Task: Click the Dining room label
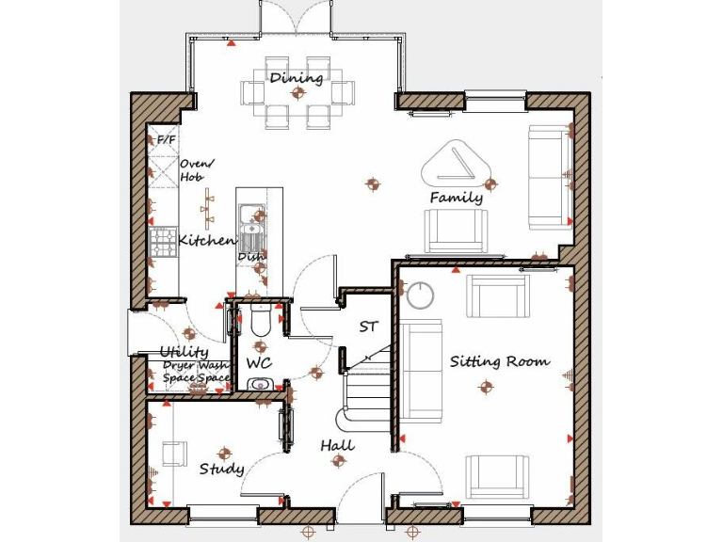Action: pos(297,77)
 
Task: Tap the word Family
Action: pos(457,198)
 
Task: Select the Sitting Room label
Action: pos(499,361)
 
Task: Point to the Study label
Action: pos(222,469)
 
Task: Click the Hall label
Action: pos(337,445)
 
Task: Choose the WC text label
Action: pos(259,362)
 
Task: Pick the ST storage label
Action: pos(368,327)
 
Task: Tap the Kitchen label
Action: pos(206,241)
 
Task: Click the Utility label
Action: pos(184,352)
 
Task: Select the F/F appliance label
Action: pos(166,140)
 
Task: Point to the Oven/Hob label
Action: pos(196,170)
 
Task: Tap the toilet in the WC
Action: pos(261,323)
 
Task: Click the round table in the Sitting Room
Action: pos(419,295)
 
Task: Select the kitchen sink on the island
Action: pos(249,226)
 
